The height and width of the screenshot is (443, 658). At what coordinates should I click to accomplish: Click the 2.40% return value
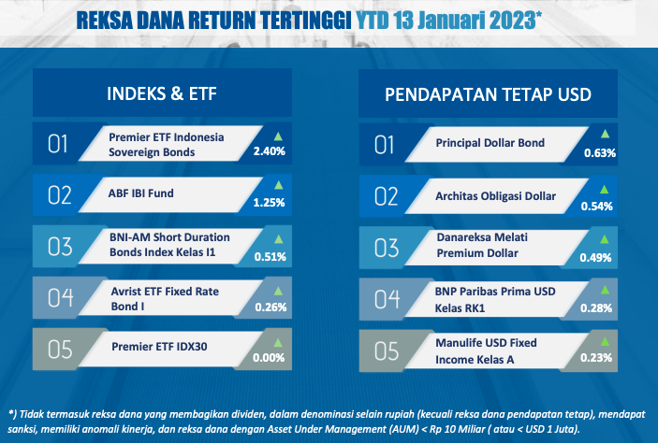(269, 150)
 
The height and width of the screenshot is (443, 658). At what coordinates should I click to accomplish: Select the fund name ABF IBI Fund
(141, 193)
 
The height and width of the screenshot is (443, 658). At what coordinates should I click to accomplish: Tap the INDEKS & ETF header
(162, 93)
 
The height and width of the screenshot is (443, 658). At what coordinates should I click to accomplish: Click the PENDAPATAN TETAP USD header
(488, 94)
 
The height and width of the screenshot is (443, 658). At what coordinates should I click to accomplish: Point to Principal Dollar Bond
(490, 143)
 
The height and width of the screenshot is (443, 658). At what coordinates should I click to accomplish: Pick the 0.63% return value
(600, 153)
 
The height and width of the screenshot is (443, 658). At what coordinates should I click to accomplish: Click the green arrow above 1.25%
(278, 185)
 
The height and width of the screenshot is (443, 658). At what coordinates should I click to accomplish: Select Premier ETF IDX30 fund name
(159, 347)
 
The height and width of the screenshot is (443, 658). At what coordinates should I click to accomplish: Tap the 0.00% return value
(269, 358)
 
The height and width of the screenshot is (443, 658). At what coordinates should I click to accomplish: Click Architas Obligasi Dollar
(495, 196)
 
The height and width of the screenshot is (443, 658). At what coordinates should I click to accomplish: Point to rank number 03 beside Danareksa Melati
(387, 248)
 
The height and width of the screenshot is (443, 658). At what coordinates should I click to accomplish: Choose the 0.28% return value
(596, 308)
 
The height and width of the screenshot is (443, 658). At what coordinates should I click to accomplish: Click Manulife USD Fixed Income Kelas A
(486, 351)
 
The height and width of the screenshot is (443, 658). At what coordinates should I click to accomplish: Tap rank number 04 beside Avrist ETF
(60, 298)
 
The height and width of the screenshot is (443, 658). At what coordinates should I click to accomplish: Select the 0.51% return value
(271, 256)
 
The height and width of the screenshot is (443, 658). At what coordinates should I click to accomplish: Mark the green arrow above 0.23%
(605, 341)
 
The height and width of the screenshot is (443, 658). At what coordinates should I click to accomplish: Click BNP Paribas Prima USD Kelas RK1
(495, 300)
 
